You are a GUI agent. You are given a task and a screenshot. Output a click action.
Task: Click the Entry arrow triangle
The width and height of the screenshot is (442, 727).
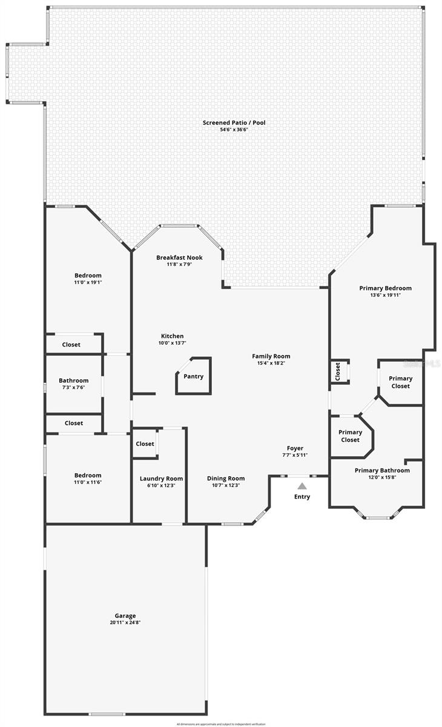[302, 486]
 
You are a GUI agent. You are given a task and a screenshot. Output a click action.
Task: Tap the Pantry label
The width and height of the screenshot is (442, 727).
[194, 376]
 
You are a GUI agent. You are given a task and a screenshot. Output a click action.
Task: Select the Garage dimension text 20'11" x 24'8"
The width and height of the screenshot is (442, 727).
[126, 622]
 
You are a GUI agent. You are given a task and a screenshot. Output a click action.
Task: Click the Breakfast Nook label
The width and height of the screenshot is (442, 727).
[179, 257]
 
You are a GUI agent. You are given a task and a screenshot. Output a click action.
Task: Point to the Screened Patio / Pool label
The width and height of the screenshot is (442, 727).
[234, 122]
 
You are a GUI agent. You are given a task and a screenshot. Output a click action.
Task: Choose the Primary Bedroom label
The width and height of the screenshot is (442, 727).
[385, 288]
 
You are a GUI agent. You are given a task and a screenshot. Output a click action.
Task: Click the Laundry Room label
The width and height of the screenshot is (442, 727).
[161, 479]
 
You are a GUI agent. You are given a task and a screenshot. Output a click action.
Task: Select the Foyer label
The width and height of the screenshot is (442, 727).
[295, 448]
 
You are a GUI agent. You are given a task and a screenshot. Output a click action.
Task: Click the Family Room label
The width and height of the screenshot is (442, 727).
[271, 356]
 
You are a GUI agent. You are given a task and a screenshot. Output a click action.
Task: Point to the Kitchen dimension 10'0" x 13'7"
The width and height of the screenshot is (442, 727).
[172, 344]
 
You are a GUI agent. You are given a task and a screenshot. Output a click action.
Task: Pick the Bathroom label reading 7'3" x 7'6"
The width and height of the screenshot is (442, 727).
[73, 387]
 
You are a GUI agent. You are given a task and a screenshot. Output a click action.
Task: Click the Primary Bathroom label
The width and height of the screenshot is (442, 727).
[382, 470]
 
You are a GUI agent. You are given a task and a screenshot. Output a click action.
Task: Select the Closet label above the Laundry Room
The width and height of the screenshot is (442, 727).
[145, 444]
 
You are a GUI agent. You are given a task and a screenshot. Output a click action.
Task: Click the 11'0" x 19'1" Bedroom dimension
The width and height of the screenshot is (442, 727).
[88, 282]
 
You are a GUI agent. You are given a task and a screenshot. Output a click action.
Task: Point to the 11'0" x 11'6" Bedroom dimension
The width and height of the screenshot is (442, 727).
[88, 482]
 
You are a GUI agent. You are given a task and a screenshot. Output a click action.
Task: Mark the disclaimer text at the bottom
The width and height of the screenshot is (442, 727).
[221, 724]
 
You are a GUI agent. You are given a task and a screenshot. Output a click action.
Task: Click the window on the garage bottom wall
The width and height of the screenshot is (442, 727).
[107, 714]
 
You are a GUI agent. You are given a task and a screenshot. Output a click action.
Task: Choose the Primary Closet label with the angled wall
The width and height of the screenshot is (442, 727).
[350, 436]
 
